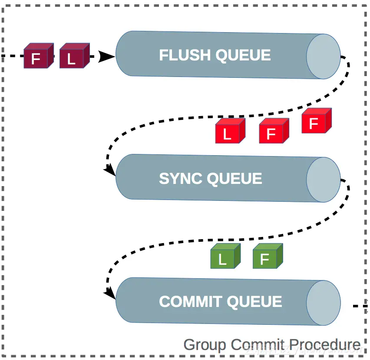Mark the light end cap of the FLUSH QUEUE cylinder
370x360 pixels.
(x=323, y=56)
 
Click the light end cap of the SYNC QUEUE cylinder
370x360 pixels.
(x=323, y=180)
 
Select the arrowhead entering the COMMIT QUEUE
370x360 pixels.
(x=110, y=295)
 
